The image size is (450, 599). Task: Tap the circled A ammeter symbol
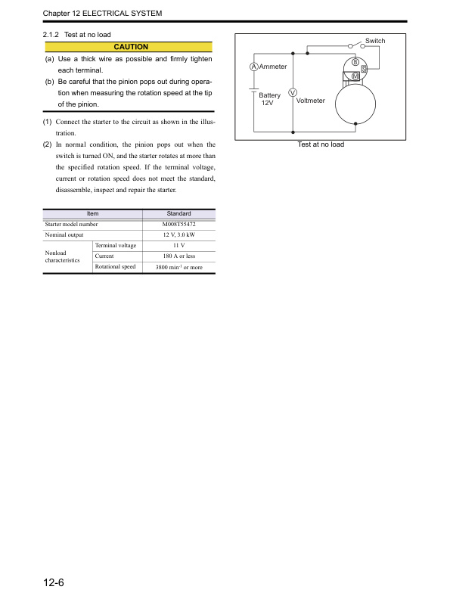(x=253, y=68)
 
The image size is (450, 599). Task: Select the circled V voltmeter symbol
(x=292, y=93)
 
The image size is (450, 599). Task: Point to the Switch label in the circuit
(x=375, y=41)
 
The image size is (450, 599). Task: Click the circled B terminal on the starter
(x=355, y=61)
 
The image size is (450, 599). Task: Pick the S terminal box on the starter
(x=364, y=69)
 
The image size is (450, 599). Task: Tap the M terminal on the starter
(x=355, y=76)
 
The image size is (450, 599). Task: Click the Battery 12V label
(x=269, y=99)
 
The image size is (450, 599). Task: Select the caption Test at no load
(x=320, y=144)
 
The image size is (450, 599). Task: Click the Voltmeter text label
(x=311, y=101)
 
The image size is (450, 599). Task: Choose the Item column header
(x=93, y=214)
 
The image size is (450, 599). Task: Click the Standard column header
(x=178, y=214)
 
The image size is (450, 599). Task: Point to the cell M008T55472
(x=179, y=225)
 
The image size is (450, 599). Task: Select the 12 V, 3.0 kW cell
(x=179, y=235)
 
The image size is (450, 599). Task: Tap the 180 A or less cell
(x=179, y=256)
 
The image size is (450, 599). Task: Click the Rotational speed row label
(x=115, y=267)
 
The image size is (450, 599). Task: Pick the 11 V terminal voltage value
(x=179, y=246)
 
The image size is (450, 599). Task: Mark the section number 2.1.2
(x=52, y=35)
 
